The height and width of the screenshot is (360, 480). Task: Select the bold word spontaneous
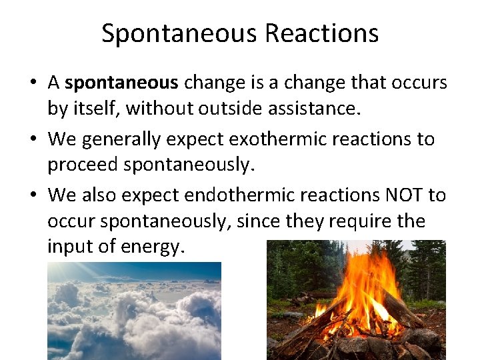122,83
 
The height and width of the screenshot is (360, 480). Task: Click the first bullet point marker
33,83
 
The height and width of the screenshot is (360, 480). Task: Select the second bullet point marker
33,140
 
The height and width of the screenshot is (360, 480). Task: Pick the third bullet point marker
33,196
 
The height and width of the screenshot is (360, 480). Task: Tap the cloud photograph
134,311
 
